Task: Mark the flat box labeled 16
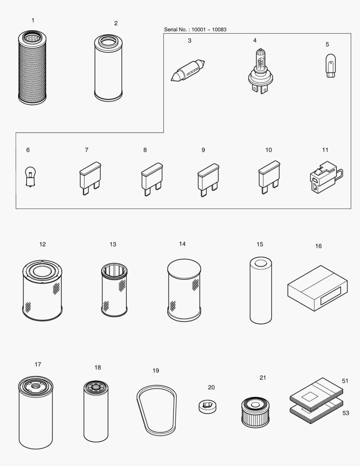pos(317,288)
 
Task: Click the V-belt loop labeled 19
pos(157,409)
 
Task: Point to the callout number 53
pos(345,413)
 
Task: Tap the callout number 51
pos(345,381)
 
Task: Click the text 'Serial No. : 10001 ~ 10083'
pos(195,30)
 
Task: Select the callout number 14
pos(182,244)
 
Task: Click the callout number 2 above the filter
pos(116,23)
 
